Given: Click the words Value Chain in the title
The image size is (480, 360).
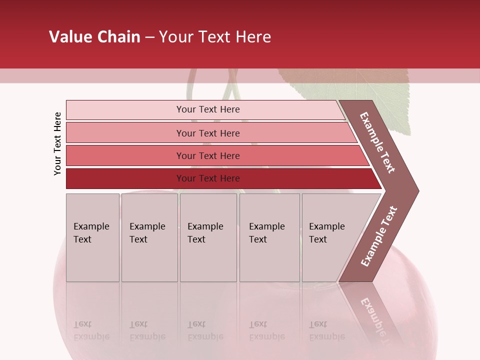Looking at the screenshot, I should [x=94, y=37].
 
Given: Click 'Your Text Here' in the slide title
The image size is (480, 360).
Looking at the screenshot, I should [x=215, y=37].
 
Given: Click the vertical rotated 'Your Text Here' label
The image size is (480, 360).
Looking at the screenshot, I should [x=57, y=143].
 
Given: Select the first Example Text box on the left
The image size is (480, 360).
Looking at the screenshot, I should [x=92, y=237].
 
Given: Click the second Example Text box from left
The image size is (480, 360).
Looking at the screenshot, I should [x=149, y=237].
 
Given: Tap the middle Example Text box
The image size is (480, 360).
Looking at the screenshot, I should [x=208, y=237].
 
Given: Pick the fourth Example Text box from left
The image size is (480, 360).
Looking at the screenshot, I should [x=269, y=237].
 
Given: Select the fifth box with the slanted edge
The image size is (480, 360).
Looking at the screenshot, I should [x=330, y=237].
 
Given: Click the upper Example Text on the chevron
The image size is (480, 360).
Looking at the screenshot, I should [x=377, y=142].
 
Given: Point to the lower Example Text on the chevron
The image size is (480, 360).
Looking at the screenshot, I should [x=378, y=236].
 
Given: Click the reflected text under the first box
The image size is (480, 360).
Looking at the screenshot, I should [x=91, y=330].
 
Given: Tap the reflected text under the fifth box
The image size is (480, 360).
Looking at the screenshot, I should [x=326, y=330].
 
